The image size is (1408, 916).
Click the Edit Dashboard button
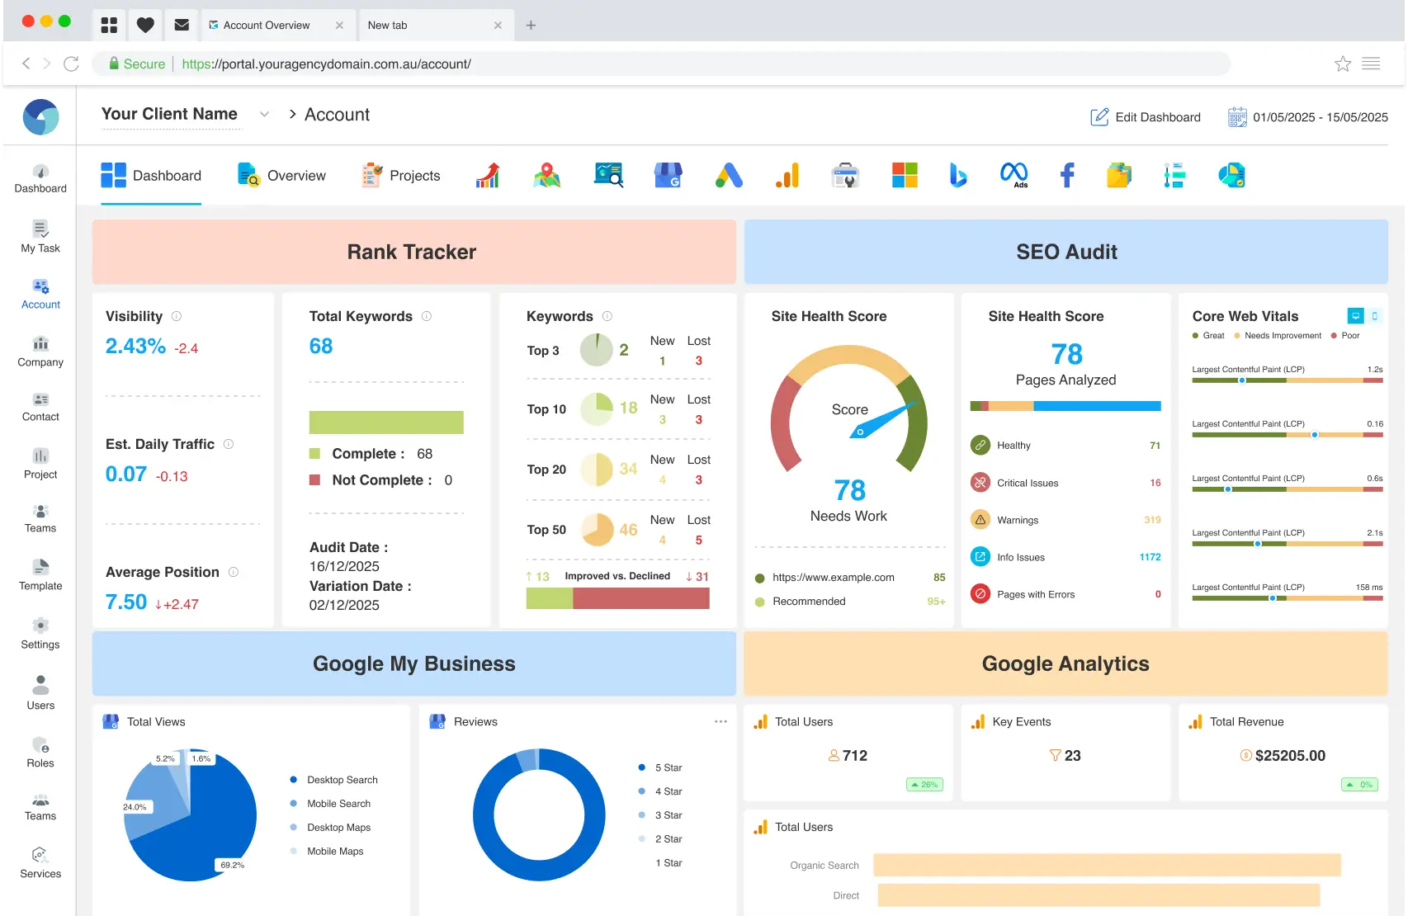click(x=1146, y=117)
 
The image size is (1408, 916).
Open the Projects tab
click(x=401, y=176)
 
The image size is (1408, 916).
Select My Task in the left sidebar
click(x=40, y=237)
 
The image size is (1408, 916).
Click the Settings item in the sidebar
click(x=40, y=634)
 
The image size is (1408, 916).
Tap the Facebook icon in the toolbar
click(x=1067, y=175)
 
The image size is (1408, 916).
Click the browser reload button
click(x=72, y=64)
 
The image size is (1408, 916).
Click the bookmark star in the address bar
click(x=1343, y=64)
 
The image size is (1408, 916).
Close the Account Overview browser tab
click(x=339, y=26)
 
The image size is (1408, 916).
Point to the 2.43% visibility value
click(x=135, y=347)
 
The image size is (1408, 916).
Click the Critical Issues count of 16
click(x=1155, y=483)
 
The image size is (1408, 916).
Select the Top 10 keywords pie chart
click(x=597, y=409)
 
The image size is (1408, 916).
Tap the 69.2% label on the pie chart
click(x=232, y=865)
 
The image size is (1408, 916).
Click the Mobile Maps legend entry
click(x=334, y=852)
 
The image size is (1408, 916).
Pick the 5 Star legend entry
click(x=668, y=767)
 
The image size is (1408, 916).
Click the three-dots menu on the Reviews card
click(x=721, y=721)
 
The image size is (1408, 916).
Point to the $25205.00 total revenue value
click(x=1289, y=756)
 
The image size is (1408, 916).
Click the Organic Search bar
click(x=1106, y=865)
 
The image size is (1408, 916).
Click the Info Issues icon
click(x=980, y=557)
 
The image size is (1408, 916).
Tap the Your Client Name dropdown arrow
click(x=264, y=114)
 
